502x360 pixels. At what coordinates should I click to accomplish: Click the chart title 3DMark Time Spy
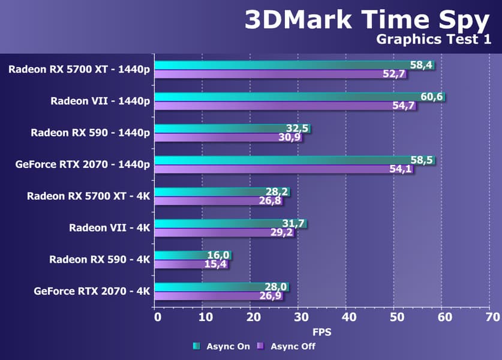[x=366, y=20]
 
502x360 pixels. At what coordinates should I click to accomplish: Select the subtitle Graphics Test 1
[x=433, y=40]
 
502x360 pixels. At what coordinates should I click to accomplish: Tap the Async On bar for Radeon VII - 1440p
[x=288, y=97]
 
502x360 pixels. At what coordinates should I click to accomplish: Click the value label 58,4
[x=422, y=65]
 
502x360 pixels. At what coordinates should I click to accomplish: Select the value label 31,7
[x=294, y=224]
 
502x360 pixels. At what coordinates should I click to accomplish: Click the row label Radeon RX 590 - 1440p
[x=90, y=133]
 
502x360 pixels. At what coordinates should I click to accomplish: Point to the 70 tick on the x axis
[x=492, y=316]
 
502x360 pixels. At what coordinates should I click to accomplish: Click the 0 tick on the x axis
[x=157, y=316]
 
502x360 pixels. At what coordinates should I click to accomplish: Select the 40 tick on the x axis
[x=348, y=316]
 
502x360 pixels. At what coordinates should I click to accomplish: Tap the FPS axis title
[x=322, y=331]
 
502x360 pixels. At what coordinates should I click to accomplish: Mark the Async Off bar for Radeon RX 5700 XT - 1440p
[x=270, y=74]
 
